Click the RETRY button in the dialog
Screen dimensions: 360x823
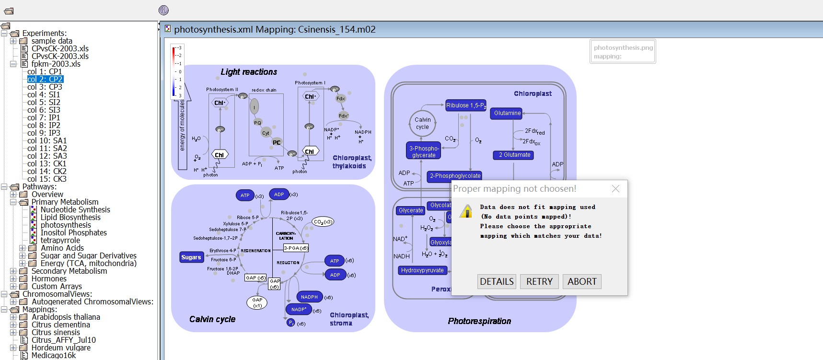539,281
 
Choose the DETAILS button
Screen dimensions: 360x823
497,281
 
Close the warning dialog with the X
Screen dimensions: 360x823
616,189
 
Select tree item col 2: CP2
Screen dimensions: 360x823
45,79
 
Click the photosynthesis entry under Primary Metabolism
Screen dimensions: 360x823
66,225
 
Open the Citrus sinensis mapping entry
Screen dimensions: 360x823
56,332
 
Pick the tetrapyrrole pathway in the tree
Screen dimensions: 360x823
60,240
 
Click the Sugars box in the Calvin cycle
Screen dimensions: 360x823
191,257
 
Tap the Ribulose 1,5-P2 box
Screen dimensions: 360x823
465,105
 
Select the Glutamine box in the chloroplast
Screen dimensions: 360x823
507,113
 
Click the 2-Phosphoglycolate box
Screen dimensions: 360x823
454,176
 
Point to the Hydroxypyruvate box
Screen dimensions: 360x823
422,270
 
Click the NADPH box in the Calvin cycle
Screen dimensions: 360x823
309,297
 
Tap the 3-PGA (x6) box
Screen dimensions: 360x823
296,248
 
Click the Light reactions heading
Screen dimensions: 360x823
249,72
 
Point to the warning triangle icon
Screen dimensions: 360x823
466,211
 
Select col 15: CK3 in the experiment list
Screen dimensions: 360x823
47,179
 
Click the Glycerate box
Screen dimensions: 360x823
411,210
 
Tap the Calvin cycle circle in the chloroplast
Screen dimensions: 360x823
422,123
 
